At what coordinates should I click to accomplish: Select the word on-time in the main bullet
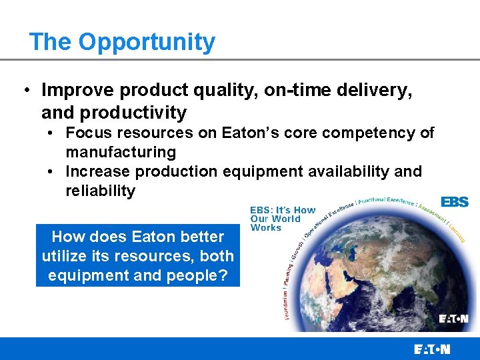[287, 90]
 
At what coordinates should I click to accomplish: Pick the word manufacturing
[121, 152]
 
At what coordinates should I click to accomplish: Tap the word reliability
[100, 191]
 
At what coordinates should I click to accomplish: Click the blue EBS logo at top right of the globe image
[455, 201]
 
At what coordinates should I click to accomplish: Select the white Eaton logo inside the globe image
[453, 319]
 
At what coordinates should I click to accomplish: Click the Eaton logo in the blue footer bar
[432, 349]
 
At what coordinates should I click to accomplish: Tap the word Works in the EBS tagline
[266, 228]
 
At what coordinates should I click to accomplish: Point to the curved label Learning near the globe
[457, 231]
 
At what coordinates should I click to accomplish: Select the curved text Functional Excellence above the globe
[386, 201]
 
